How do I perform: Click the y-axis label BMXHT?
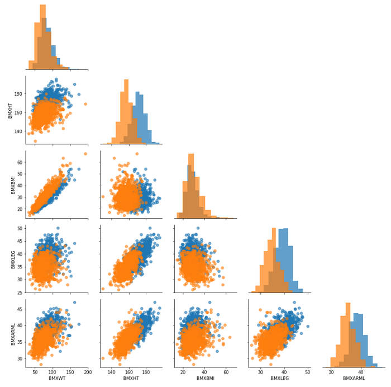tap(10, 109)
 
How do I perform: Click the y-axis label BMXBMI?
tap(10, 184)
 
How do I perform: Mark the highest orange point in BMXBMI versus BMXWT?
tap(85, 154)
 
